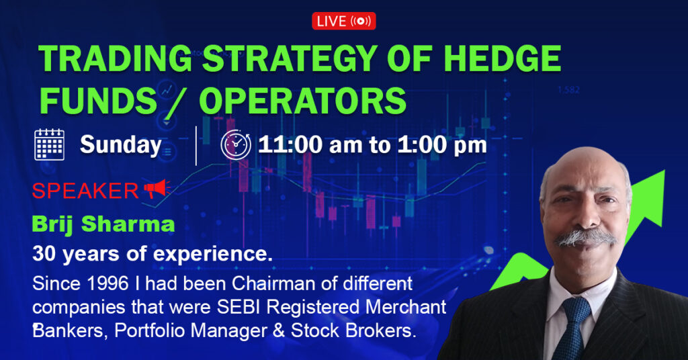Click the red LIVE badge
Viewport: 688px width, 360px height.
pyautogui.click(x=343, y=21)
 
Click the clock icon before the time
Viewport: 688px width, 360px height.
pyautogui.click(x=235, y=144)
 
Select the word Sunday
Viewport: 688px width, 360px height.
pyautogui.click(x=121, y=145)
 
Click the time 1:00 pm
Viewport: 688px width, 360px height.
pyautogui.click(x=446, y=144)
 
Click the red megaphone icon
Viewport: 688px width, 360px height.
pyautogui.click(x=156, y=190)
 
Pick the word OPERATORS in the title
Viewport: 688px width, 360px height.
pyautogui.click(x=302, y=101)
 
